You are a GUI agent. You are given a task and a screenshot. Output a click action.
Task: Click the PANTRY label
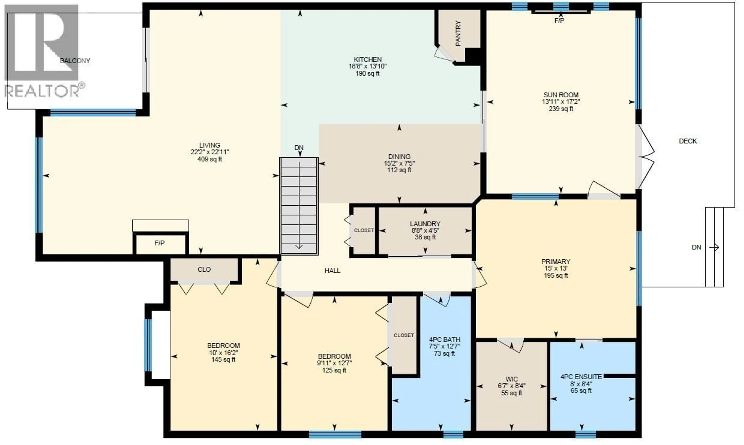458,34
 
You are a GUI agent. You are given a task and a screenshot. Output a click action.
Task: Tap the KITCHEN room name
368,59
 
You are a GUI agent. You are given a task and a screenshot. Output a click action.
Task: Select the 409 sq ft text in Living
210,159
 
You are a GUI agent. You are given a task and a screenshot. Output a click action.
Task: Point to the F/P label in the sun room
559,20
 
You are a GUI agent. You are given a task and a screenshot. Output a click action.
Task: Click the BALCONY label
75,61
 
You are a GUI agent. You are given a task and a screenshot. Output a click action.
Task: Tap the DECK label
688,141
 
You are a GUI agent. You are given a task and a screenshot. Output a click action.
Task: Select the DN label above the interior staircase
299,148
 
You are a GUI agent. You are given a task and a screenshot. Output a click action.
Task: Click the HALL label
332,271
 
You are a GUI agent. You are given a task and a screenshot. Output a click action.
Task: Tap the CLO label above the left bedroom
204,269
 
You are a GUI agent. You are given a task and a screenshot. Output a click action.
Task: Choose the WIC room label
511,379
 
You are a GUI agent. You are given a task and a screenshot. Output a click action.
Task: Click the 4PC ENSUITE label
581,377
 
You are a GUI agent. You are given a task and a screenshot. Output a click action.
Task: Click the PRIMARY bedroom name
556,261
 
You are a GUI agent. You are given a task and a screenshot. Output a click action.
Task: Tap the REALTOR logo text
42,91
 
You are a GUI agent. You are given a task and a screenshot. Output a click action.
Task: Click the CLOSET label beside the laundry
364,230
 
